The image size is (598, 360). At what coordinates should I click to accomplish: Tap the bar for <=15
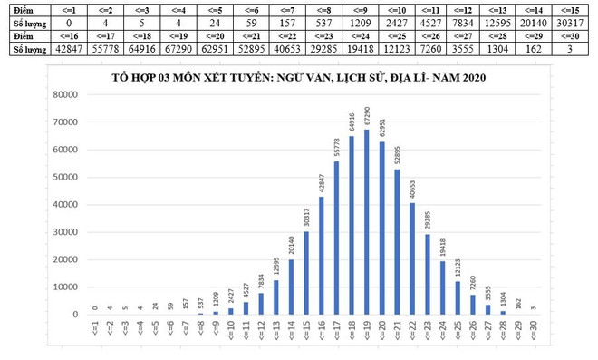click(306, 273)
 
